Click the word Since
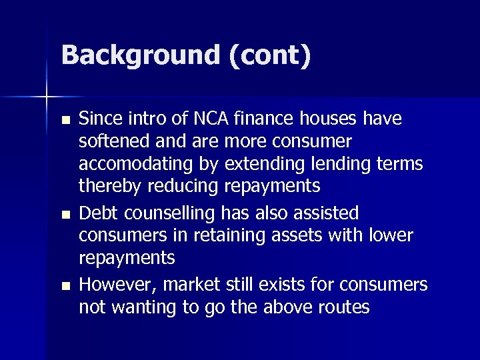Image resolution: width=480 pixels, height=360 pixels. [98, 119]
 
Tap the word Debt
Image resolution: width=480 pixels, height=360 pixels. [96, 213]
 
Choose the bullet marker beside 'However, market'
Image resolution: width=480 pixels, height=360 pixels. [64, 286]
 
